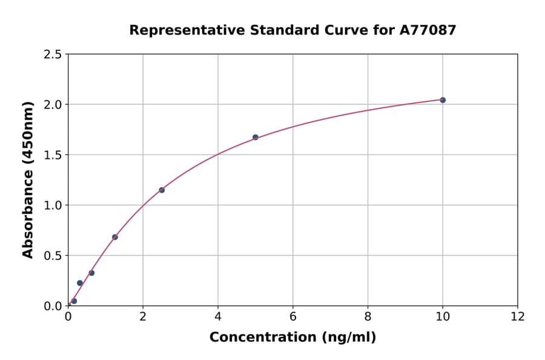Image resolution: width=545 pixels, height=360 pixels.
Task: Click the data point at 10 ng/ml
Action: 443,100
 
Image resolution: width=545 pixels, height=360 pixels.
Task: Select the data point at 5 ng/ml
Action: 256,137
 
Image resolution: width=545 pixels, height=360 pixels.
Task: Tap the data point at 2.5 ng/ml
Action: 162,190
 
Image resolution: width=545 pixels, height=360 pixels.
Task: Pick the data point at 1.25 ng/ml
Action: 115,237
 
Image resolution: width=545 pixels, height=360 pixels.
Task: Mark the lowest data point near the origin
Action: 74,301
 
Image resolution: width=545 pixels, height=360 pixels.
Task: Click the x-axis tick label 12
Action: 518,316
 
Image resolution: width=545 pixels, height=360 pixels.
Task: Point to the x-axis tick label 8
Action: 368,316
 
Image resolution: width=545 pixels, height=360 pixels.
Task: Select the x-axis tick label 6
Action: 292,316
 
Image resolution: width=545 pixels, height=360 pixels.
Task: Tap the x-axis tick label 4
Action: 218,316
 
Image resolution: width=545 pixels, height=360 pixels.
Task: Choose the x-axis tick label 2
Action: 143,316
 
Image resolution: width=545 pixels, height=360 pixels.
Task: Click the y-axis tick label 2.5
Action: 53,55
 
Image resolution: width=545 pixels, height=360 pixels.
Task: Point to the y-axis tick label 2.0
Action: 53,105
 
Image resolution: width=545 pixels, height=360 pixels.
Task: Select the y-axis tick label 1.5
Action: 53,155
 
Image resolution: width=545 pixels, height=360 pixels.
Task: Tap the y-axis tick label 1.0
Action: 53,205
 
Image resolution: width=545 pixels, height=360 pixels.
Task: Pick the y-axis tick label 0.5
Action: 53,256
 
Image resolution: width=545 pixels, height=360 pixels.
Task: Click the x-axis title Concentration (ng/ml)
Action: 292,338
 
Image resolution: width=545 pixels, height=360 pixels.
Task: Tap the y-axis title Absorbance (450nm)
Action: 28,179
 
